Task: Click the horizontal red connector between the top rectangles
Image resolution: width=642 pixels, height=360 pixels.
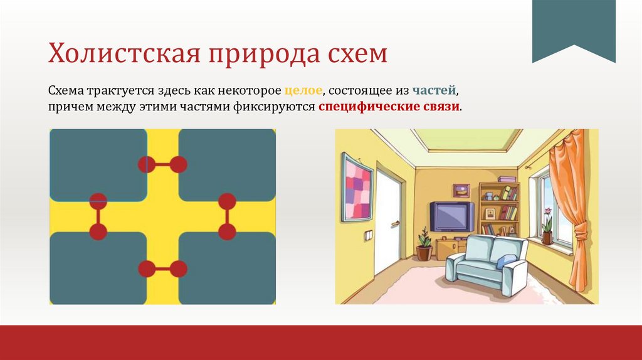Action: point(162,164)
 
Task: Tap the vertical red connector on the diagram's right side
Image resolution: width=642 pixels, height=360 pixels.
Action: point(227,216)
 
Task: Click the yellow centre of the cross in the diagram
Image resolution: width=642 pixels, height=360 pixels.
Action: point(162,216)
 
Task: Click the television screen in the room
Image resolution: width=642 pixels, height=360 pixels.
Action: point(451,216)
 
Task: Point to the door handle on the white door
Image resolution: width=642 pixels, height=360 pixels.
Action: point(394,222)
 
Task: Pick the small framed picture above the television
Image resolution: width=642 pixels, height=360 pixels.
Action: point(461,190)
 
